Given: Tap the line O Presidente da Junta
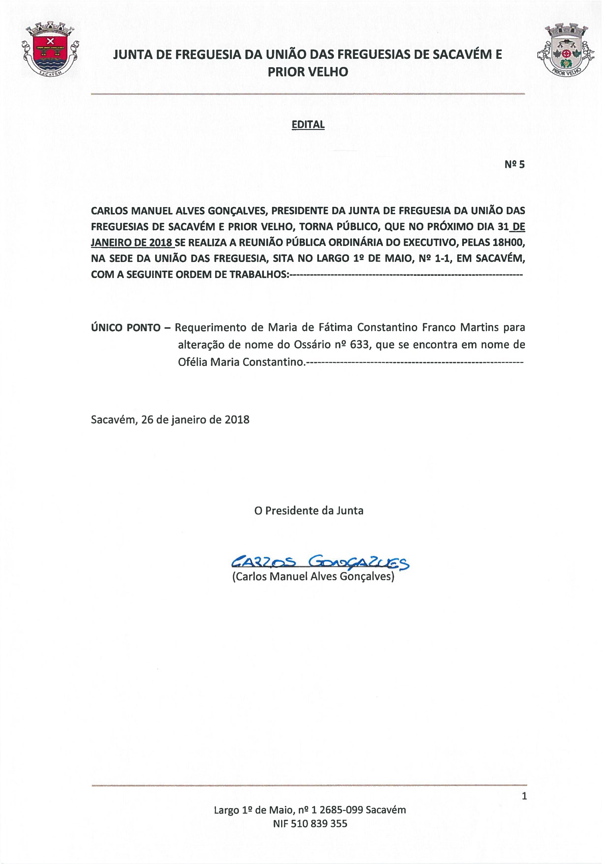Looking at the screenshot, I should tap(308, 511).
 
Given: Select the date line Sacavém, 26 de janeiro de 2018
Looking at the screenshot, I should tap(170, 420).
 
